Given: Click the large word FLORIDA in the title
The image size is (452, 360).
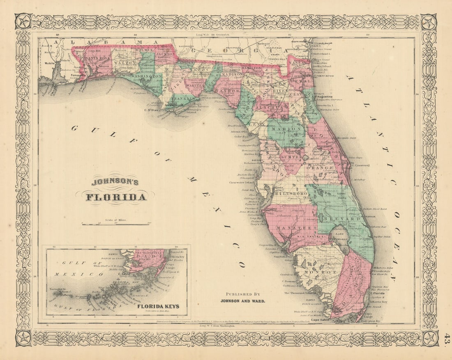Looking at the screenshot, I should click(x=116, y=197).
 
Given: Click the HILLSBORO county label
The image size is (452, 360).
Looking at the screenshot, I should click(x=291, y=193).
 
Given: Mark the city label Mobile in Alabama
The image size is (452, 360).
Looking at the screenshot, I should click(x=50, y=64).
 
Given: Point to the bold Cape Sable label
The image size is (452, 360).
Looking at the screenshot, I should click(x=321, y=319).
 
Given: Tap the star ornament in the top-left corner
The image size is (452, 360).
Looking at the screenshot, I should click(x=23, y=21).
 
